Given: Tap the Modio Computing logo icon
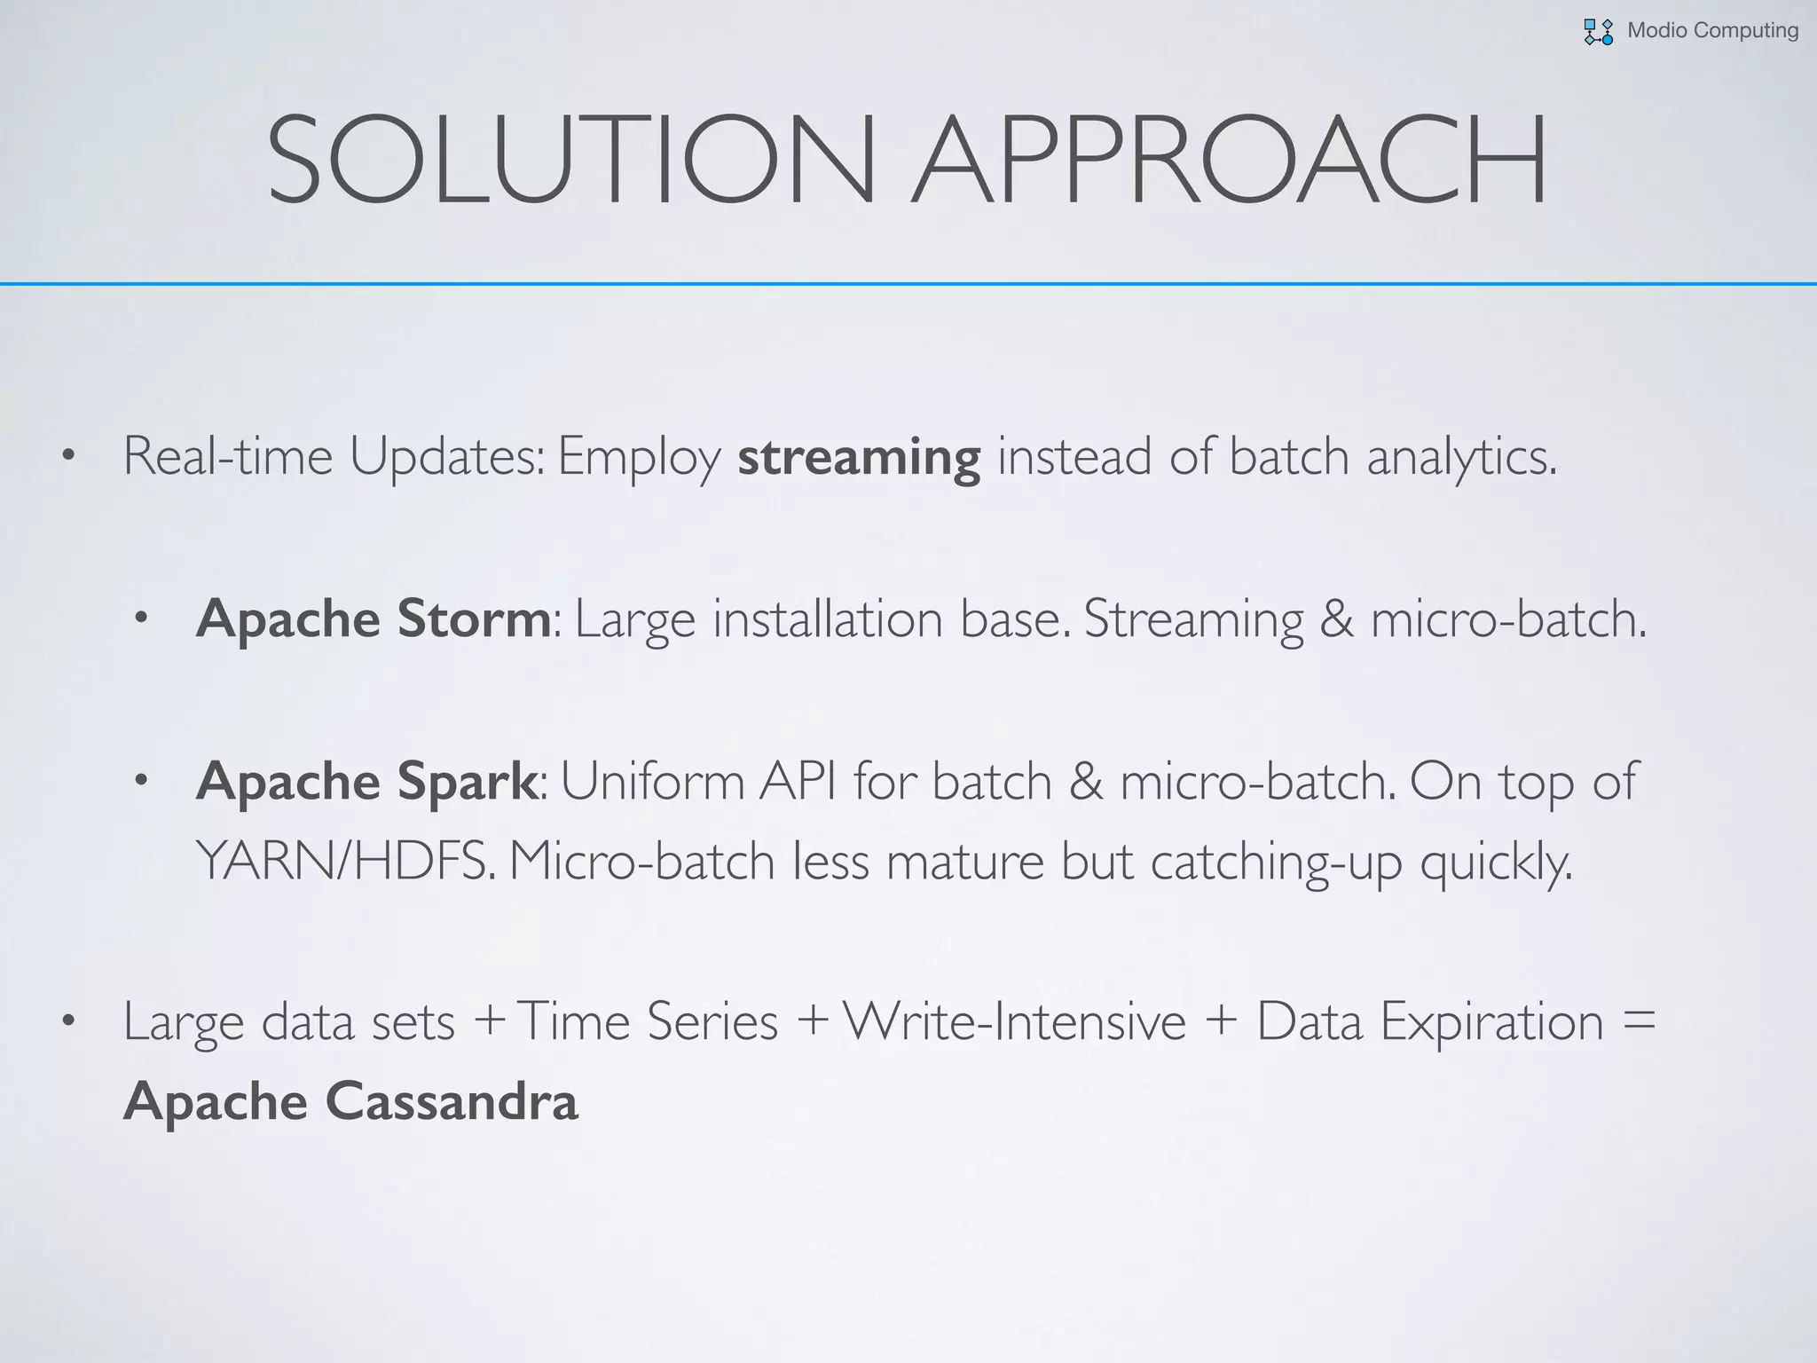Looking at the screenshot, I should (1598, 32).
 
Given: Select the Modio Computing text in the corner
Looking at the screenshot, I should (1712, 31).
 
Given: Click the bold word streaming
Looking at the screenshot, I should (859, 457).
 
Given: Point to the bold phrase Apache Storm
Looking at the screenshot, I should (374, 618).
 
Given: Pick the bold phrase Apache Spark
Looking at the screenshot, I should (366, 781).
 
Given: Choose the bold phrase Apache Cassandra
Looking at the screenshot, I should (350, 1101).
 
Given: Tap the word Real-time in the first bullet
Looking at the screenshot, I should (227, 457).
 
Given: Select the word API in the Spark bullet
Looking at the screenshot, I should (798, 781).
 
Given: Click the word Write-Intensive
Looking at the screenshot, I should (1014, 1021).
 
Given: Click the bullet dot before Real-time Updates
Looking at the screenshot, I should (68, 458).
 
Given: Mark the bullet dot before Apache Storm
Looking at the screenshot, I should (141, 619).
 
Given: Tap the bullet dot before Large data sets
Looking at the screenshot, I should (68, 1022).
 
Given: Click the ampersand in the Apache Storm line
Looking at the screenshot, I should (1336, 619).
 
